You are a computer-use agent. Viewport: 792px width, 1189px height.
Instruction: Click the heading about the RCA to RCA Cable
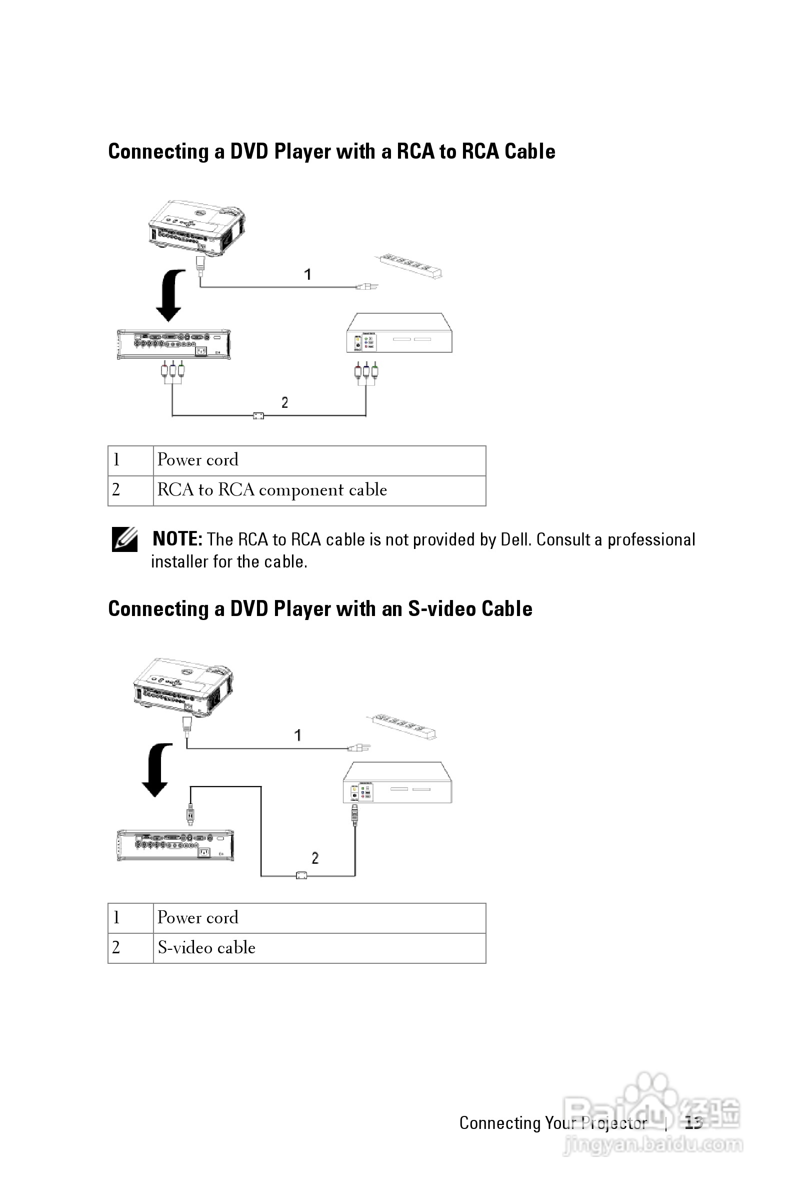coord(331,152)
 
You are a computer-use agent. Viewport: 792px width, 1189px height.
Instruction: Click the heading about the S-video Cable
coord(319,609)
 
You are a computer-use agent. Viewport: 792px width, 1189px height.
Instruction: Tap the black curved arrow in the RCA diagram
coord(170,295)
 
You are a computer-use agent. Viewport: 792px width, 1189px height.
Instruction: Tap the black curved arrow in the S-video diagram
coord(156,770)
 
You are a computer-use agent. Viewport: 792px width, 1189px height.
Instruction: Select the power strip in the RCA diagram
coord(408,265)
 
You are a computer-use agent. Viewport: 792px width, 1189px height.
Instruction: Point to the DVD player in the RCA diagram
coord(399,333)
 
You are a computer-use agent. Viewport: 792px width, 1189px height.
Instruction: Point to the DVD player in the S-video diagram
coord(397,783)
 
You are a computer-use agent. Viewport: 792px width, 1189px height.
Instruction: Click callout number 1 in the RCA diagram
coord(307,275)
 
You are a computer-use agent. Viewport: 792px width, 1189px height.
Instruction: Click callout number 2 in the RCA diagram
coord(285,402)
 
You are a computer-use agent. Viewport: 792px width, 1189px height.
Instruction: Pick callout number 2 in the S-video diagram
coord(315,857)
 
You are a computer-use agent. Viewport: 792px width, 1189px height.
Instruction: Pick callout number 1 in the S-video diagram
coord(298,735)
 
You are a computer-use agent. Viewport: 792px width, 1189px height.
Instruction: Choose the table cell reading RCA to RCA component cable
coord(271,490)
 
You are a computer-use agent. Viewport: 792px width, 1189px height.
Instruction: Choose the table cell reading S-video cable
coord(206,947)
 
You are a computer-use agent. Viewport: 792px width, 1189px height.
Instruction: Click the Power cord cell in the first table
coord(197,460)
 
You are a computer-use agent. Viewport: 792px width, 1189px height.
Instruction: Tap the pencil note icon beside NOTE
coord(124,539)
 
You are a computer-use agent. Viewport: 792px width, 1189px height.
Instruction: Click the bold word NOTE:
coord(177,539)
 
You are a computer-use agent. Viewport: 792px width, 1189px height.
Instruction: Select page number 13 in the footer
coord(693,1123)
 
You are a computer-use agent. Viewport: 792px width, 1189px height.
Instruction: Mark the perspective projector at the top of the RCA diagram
coord(196,228)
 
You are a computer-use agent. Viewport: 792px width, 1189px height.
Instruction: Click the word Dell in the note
coord(515,539)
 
